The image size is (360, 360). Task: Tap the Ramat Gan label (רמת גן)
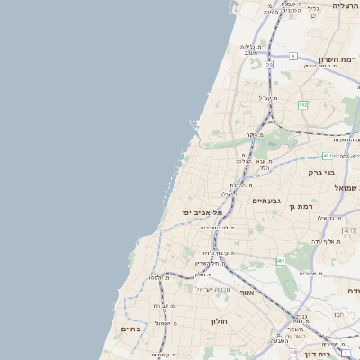(301, 206)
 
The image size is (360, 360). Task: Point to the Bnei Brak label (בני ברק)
(321, 172)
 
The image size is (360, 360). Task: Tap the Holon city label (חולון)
(220, 321)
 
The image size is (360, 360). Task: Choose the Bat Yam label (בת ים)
(132, 329)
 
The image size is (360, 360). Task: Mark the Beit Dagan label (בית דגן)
(342, 355)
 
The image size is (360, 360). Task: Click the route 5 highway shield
(292, 57)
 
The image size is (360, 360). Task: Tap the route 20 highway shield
(268, 65)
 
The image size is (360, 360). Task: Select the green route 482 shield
(303, 105)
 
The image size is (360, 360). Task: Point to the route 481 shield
(327, 155)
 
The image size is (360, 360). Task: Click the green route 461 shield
(281, 261)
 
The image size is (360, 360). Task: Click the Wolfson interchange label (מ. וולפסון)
(158, 277)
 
